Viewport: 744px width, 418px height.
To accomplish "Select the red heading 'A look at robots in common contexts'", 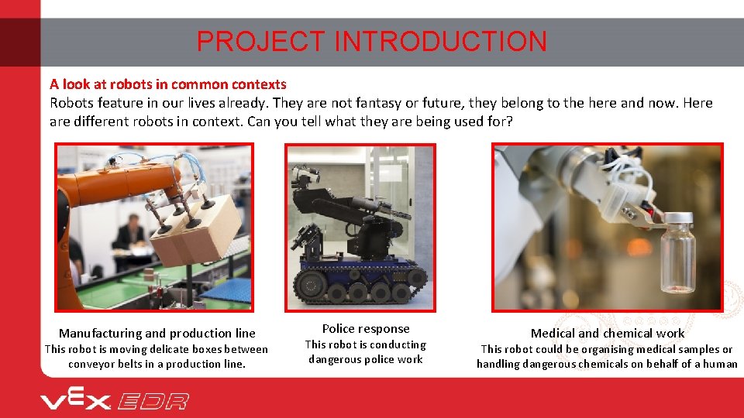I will coord(168,84).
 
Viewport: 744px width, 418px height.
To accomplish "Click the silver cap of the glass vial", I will coord(679,219).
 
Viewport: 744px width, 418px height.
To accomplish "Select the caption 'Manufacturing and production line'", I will coord(157,334).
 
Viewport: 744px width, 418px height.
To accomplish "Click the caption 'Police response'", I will coord(366,329).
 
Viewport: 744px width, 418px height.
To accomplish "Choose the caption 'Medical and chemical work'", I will coord(608,334).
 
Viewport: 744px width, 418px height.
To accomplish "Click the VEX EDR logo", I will coord(115,400).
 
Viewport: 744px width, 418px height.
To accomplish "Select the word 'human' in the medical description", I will coord(720,364).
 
